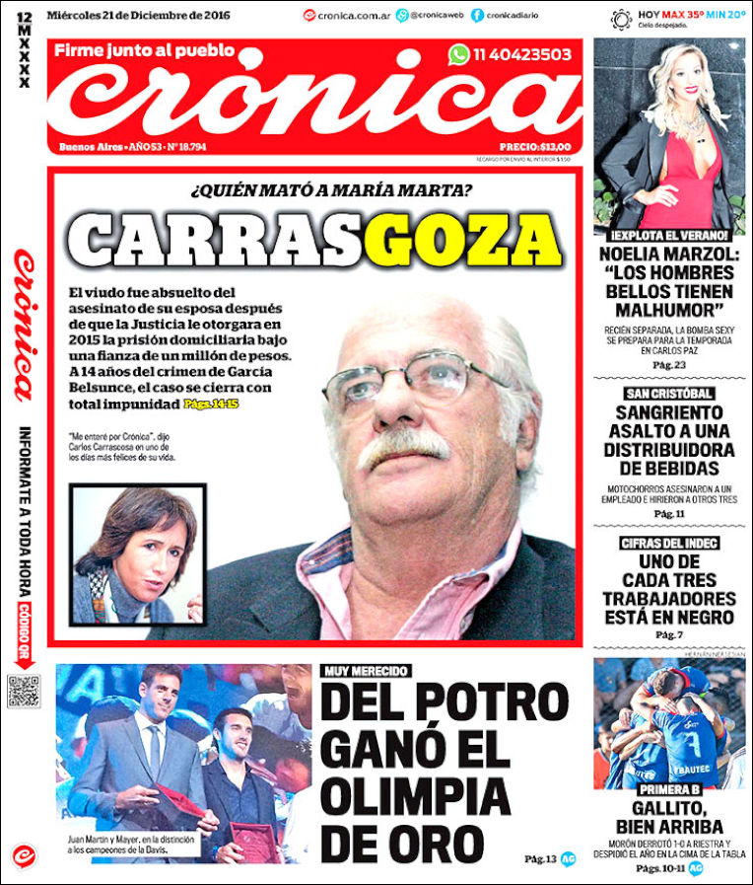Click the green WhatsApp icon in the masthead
tap(459, 55)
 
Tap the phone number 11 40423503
tap(521, 55)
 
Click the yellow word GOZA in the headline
tap(468, 240)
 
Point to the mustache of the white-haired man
tap(404, 447)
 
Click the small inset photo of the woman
tap(138, 553)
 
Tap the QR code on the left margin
tap(23, 691)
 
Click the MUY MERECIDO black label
tap(365, 671)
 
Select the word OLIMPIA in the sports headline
tap(416, 795)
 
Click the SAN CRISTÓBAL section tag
tap(669, 394)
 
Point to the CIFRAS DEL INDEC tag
tap(669, 544)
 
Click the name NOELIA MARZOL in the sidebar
tap(669, 254)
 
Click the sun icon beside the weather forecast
tap(621, 19)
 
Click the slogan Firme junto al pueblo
tap(144, 50)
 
